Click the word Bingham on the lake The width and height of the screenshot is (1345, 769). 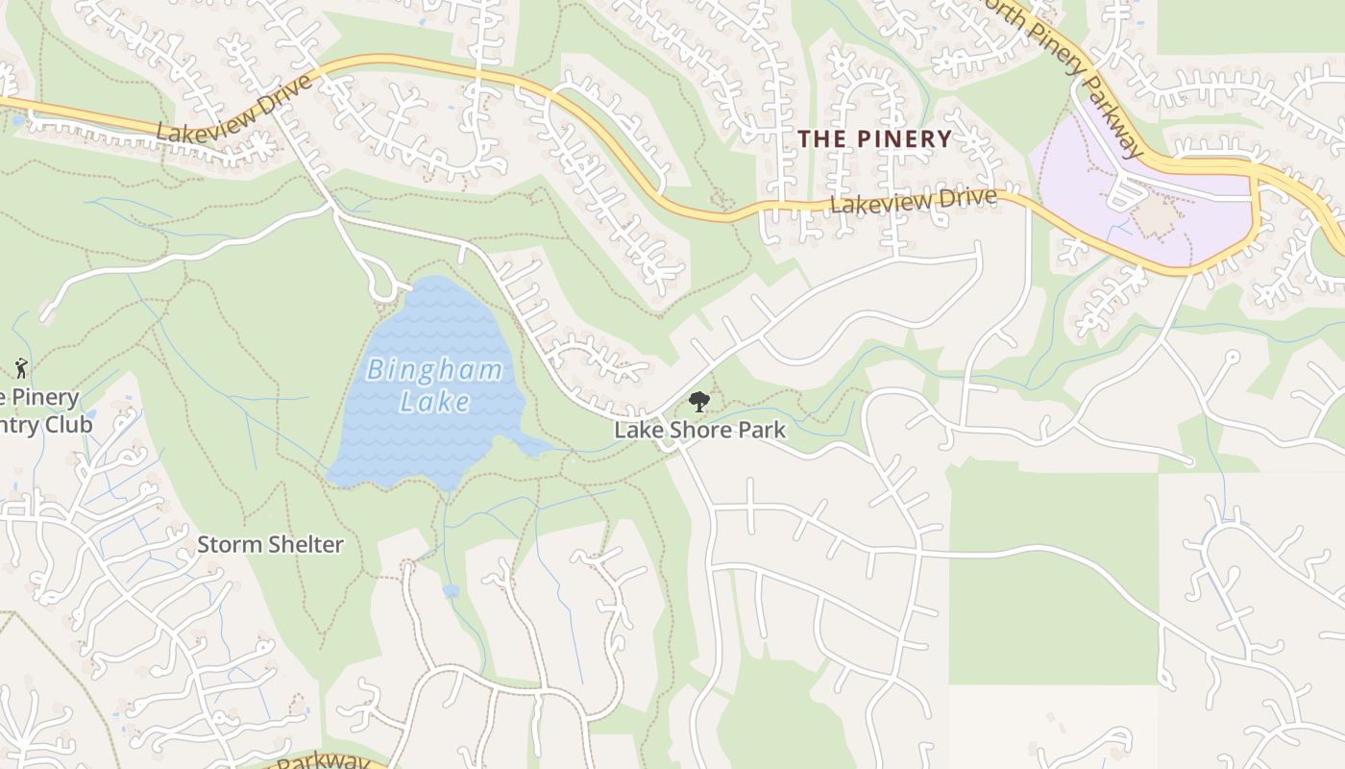coord(435,369)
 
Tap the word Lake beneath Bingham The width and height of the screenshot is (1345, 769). coord(435,401)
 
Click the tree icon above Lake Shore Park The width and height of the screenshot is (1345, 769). coord(699,402)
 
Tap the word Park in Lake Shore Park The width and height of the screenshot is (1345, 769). coord(762,430)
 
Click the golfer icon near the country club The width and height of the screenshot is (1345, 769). coord(21,367)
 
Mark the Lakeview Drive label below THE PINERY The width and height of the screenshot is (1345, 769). coord(913,200)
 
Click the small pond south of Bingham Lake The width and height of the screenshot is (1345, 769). coord(451,591)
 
